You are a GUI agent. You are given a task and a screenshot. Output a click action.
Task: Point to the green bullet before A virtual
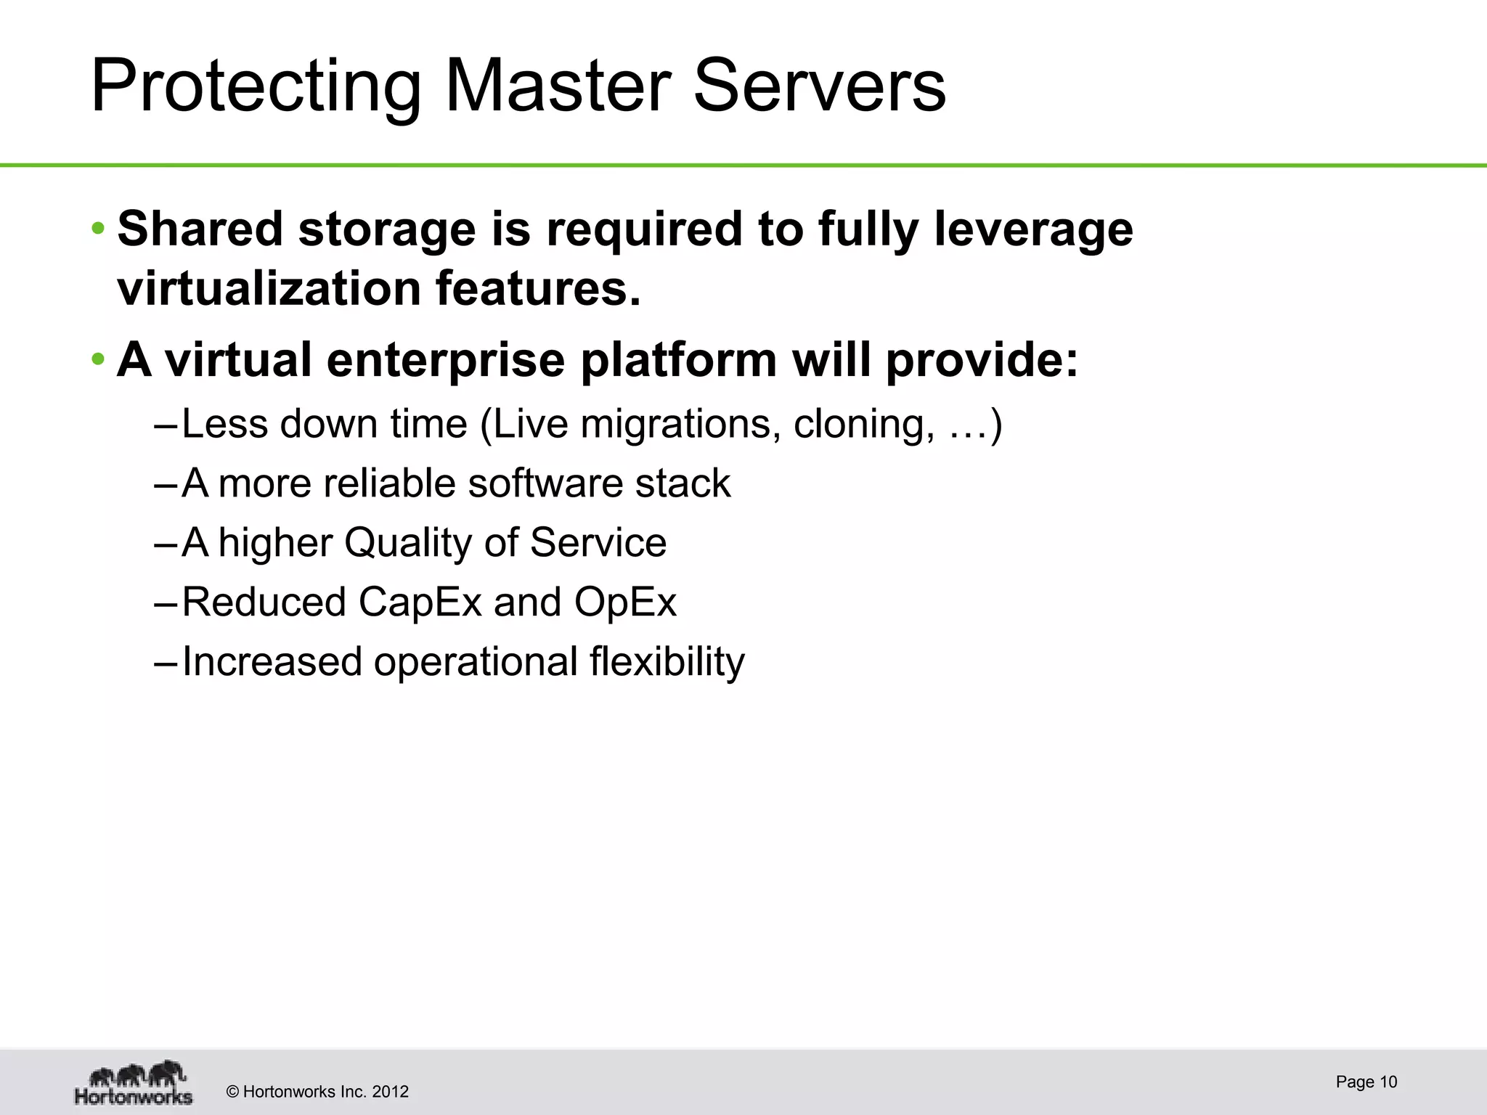pos(98,360)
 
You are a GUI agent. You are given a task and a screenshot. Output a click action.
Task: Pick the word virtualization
pos(269,288)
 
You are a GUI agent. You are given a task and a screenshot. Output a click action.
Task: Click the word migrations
pos(681,424)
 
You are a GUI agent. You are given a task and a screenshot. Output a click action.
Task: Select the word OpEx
pos(625,603)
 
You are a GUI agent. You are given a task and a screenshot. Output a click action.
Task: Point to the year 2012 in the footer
pos(391,1092)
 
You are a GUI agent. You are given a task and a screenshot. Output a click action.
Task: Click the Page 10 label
pos(1366,1082)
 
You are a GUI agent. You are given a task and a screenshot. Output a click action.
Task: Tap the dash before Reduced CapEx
pos(166,603)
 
